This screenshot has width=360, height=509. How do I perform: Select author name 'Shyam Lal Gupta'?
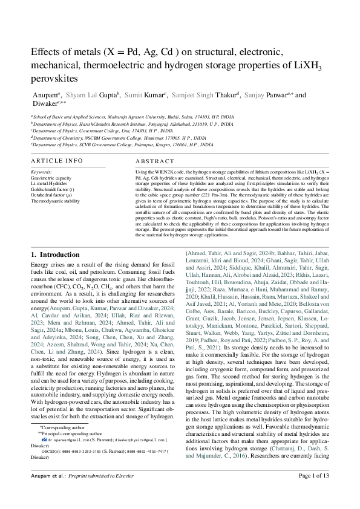pyautogui.click(x=90, y=95)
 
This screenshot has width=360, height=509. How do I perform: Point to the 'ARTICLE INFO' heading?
pyautogui.click(x=56, y=161)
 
